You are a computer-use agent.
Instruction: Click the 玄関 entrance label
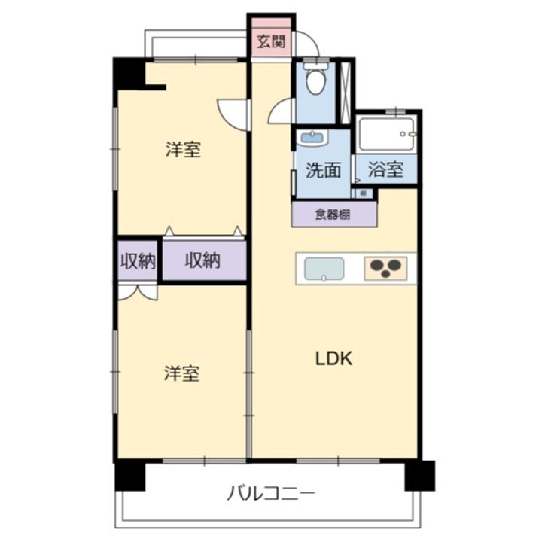(x=271, y=41)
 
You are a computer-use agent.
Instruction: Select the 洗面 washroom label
(x=323, y=170)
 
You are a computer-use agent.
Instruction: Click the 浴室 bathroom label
(x=385, y=170)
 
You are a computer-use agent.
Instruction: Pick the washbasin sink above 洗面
(x=311, y=138)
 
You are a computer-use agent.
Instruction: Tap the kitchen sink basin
(x=324, y=269)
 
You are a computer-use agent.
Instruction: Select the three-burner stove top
(x=385, y=269)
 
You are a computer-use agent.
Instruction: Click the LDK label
(x=334, y=359)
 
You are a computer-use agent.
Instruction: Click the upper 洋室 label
(x=183, y=149)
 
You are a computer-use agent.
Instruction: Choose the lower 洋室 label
(x=183, y=373)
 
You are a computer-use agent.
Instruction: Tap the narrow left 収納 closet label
(x=138, y=261)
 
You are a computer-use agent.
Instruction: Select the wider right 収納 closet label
(x=202, y=261)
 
